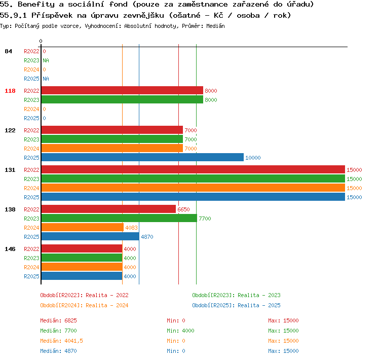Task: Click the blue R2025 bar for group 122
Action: tap(142, 158)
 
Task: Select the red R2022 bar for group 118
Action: tap(122, 90)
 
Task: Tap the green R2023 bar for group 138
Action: tap(119, 219)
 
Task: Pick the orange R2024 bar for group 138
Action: tap(83, 227)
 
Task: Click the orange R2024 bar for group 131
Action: tap(193, 188)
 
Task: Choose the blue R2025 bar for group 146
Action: tap(82, 276)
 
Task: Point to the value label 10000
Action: tap(253, 158)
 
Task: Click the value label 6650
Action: tap(183, 209)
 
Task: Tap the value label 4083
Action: tap(131, 228)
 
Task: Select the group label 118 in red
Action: tap(10, 91)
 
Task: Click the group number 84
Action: tap(8, 51)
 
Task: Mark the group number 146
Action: tap(10, 249)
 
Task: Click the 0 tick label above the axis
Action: tap(41, 41)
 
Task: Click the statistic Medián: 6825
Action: tap(58, 320)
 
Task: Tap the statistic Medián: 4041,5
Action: tap(61, 341)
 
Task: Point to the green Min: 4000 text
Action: tap(180, 331)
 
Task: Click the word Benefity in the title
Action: tap(36, 4)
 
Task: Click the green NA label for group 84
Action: tap(46, 60)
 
